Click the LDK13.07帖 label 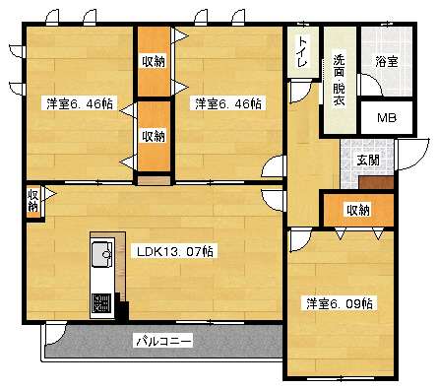pyautogui.click(x=174, y=251)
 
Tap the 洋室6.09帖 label pyautogui.click(x=338, y=302)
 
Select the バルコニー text pyautogui.click(x=163, y=341)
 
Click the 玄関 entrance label pyautogui.click(x=367, y=159)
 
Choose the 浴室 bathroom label pyautogui.click(x=386, y=61)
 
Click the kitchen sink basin pyautogui.click(x=100, y=257)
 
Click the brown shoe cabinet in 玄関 pyautogui.click(x=376, y=181)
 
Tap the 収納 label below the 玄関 pyautogui.click(x=357, y=210)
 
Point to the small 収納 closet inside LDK pyautogui.click(x=33, y=202)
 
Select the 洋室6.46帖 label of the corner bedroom pyautogui.click(x=78, y=102)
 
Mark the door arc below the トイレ pyautogui.click(x=295, y=92)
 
